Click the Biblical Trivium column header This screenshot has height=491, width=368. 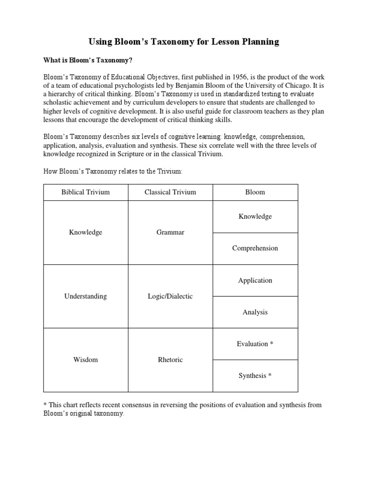[85, 192]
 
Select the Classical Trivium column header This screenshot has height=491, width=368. [170, 192]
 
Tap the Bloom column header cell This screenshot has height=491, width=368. [255, 192]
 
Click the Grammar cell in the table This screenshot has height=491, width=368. [170, 233]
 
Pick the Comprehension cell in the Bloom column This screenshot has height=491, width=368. [255, 248]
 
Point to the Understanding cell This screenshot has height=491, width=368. [85, 296]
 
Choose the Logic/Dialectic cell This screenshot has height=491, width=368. [170, 296]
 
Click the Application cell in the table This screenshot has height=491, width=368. [255, 281]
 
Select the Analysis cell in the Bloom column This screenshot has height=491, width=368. [255, 312]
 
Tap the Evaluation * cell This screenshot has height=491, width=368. [255, 344]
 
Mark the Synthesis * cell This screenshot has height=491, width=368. [255, 376]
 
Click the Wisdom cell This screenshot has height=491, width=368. [85, 360]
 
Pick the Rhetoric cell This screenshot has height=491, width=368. [170, 360]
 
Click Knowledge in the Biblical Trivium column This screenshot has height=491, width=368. [85, 233]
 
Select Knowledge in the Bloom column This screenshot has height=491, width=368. [255, 217]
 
